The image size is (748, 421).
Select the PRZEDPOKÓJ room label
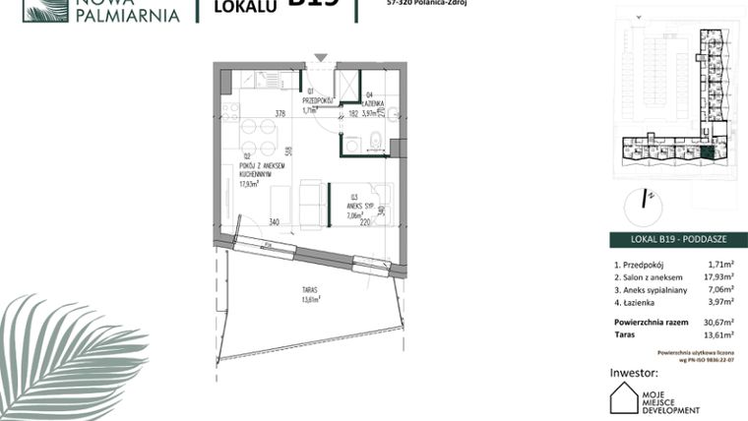pyautogui.click(x=321, y=100)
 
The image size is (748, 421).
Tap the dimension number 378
pyautogui.click(x=280, y=113)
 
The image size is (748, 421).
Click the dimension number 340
pyautogui.click(x=274, y=221)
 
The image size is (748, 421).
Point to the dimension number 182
pyautogui.click(x=350, y=113)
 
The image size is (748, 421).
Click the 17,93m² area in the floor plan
pyautogui.click(x=247, y=183)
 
